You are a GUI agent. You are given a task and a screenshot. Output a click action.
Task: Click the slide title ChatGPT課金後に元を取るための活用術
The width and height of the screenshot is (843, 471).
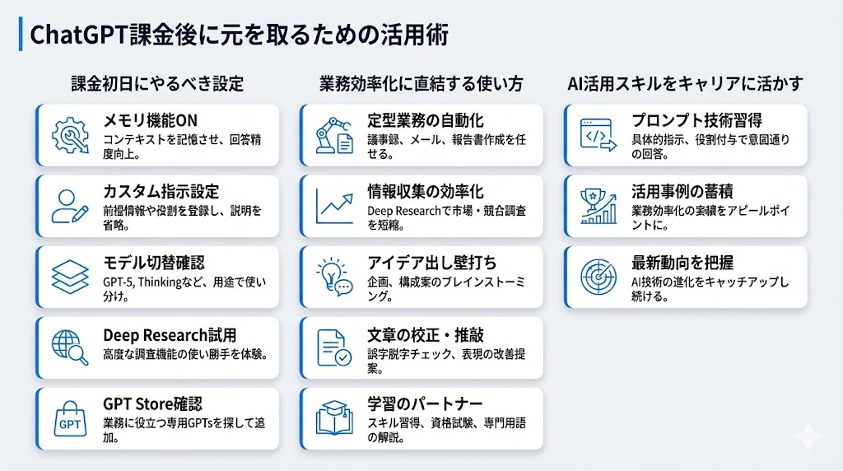[x=239, y=37]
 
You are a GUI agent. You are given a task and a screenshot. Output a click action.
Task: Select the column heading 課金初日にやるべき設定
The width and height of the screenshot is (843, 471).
[x=157, y=83]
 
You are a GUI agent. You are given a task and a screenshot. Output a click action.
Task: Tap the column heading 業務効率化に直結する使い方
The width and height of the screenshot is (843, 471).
[x=421, y=83]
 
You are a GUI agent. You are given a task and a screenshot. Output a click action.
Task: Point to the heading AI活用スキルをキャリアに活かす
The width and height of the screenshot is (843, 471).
[x=686, y=83]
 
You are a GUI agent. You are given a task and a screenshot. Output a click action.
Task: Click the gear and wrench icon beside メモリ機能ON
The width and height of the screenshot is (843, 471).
[x=69, y=133]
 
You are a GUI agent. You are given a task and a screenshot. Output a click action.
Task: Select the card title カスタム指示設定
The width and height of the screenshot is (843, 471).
[x=161, y=192]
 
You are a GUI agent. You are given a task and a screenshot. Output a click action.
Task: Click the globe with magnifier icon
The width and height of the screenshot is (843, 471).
[x=69, y=347]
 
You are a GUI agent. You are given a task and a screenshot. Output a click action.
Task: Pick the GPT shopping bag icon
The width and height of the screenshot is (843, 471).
[x=69, y=417]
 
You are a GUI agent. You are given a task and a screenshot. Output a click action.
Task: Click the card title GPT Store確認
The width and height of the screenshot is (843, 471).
[x=153, y=404]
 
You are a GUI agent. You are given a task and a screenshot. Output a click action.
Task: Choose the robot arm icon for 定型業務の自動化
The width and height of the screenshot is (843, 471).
[x=333, y=133]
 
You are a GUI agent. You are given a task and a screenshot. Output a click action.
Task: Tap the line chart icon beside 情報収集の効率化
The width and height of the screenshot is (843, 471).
[x=333, y=204]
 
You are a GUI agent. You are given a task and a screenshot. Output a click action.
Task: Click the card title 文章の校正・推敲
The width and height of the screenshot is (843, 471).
[x=426, y=333]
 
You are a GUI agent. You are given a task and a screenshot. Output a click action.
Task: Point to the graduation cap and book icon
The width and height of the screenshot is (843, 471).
[x=333, y=417]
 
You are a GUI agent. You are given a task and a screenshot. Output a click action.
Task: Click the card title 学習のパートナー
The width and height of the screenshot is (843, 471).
[x=425, y=404]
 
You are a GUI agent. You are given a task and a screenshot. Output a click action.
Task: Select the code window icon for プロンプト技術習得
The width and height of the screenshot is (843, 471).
[x=598, y=133]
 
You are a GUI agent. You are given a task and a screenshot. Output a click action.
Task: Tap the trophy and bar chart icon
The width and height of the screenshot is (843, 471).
[x=598, y=204]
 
